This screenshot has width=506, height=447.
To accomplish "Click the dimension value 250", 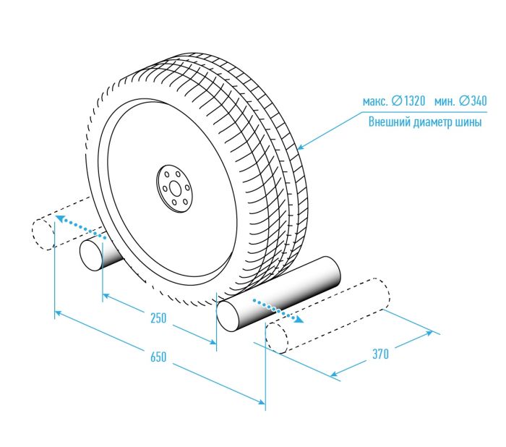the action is pos(158,318).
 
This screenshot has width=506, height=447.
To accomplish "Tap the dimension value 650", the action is pos(158,357).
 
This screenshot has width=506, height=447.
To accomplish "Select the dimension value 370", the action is pos(381,354).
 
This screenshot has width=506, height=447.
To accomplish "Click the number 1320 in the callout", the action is pos(414,101).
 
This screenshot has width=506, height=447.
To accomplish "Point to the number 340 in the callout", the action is pos(479,101).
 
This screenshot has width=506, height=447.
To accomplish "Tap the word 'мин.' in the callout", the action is pos(445,102).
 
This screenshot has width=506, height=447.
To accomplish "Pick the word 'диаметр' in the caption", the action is pos(432,123).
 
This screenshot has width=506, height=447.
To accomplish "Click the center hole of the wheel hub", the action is pos(175,189).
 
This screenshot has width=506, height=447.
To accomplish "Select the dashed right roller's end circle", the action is pos(277,338).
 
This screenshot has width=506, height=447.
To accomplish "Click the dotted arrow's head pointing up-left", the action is pos(59,218).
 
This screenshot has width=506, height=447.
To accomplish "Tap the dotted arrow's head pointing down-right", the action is pos(299,320).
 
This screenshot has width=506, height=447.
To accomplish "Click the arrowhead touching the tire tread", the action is pos(301,148).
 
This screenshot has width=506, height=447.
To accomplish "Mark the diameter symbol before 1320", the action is pos(398,101).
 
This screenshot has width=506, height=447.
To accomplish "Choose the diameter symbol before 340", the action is pos(464,101).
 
